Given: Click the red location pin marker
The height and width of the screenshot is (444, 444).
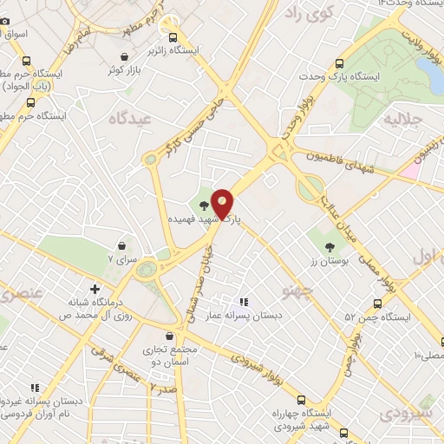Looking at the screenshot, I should tap(223, 204).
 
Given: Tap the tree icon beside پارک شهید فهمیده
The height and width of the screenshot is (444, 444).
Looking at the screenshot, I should tap(205, 206).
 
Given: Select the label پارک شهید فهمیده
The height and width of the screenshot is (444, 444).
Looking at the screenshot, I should tap(205, 220).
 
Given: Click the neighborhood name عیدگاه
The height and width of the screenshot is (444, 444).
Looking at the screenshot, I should tap(129, 118).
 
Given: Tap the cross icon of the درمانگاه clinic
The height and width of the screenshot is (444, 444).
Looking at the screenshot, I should tap(95, 288).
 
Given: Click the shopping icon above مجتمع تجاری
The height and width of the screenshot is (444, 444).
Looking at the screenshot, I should tap(168, 335).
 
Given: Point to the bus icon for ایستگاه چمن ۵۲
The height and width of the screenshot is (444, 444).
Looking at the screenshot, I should tap(377, 304).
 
